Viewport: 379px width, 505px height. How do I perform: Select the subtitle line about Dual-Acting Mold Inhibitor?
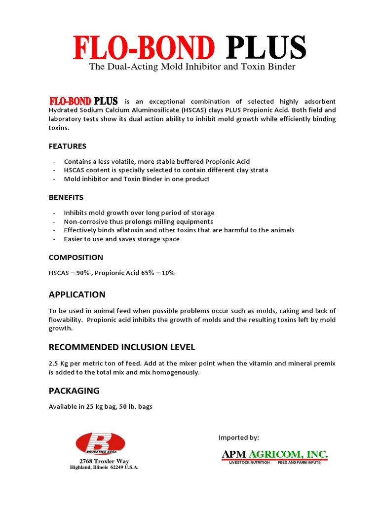[192, 67]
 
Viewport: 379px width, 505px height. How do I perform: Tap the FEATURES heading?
[68, 146]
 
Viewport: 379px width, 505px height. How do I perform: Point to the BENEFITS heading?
[66, 197]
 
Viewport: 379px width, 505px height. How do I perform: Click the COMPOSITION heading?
[76, 257]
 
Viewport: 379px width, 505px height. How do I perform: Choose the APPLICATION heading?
[77, 294]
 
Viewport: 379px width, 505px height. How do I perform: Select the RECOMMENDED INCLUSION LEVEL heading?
[122, 347]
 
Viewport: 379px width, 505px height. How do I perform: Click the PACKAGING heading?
[74, 391]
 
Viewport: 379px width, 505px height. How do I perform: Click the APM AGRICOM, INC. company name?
[275, 454]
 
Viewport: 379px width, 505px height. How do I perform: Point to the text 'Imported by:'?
[239, 437]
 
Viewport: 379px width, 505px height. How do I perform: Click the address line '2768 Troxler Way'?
[104, 461]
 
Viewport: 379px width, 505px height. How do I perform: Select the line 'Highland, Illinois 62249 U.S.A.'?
[104, 468]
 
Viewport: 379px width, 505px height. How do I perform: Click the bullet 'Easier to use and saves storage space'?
[122, 239]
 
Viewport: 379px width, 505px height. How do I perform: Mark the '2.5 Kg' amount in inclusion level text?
[58, 363]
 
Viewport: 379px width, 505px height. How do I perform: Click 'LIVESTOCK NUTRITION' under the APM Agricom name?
[249, 463]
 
